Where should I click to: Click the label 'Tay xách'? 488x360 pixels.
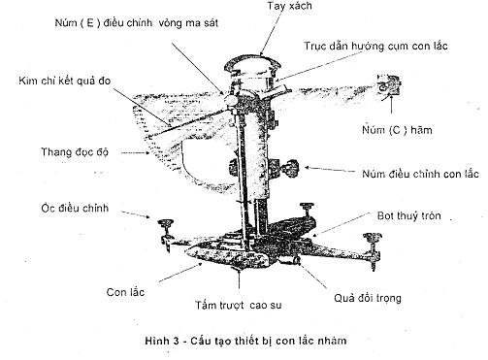(x=289, y=6)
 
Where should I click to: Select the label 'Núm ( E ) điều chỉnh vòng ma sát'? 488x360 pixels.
(x=137, y=23)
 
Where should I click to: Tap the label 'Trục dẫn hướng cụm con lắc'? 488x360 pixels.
(x=375, y=46)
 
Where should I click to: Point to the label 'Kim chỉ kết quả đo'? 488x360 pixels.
(x=65, y=81)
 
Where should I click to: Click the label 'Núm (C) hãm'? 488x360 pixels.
(x=397, y=130)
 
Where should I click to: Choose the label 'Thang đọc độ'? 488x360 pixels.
(x=75, y=151)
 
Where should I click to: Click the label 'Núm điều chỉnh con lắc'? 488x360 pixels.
(x=420, y=174)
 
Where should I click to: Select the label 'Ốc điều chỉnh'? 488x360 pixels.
(x=75, y=208)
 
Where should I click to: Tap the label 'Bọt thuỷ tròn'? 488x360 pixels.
(x=409, y=215)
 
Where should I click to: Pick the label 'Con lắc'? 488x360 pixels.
(x=125, y=292)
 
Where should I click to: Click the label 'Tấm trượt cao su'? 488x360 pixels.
(x=239, y=305)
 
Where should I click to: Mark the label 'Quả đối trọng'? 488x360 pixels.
(x=368, y=298)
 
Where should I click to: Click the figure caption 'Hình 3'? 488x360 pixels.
(x=162, y=341)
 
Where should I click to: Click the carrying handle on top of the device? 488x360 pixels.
(x=253, y=63)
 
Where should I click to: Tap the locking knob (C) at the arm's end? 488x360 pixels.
(x=389, y=84)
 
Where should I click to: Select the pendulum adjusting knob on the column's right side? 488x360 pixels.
(x=289, y=167)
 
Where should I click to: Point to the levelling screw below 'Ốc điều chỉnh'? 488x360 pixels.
(x=166, y=235)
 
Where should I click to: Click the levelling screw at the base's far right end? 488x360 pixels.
(x=373, y=249)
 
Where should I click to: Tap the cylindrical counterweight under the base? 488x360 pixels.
(x=289, y=260)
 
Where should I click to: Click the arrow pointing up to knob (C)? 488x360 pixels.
(x=392, y=104)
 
